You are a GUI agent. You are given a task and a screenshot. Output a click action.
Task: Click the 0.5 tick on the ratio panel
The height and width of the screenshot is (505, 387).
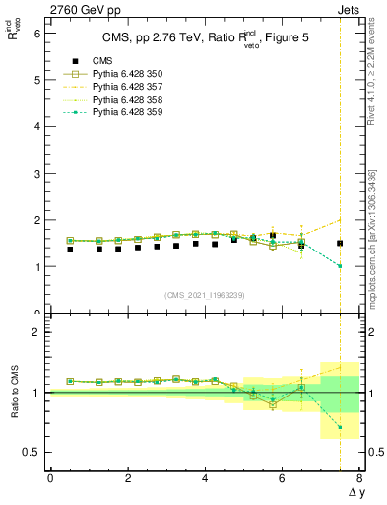(x=32, y=452)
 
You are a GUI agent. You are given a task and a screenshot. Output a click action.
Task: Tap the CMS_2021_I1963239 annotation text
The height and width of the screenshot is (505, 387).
(x=205, y=294)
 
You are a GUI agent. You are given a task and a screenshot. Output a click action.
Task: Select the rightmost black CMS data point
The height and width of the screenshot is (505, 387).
(x=340, y=243)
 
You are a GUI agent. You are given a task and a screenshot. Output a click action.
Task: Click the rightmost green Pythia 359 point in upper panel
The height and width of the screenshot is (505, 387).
(x=340, y=266)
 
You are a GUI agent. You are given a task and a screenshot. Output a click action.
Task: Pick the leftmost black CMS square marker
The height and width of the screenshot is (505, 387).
(x=70, y=250)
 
